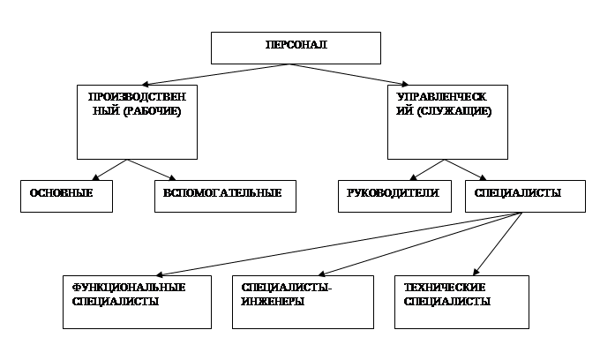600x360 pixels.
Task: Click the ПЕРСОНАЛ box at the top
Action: [296, 49]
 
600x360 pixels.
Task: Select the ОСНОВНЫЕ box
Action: [66, 196]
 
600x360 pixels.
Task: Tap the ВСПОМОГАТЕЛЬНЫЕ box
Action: [225, 196]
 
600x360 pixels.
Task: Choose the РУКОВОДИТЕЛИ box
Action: [394, 196]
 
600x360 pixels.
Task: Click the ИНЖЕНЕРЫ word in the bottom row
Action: [273, 302]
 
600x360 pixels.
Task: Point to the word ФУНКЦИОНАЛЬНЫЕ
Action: [129, 288]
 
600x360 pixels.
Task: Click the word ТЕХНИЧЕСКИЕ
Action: [445, 288]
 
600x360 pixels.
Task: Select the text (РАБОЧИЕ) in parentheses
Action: [153, 111]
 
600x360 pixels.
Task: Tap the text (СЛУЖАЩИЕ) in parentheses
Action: [454, 111]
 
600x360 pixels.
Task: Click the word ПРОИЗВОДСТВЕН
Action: [137, 97]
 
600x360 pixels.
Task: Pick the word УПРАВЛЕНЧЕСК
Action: [441, 97]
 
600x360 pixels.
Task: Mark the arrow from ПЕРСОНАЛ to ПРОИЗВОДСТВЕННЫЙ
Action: [215, 74]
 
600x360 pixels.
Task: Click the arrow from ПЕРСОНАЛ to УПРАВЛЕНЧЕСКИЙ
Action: [349, 74]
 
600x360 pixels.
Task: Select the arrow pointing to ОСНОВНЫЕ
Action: [109, 170]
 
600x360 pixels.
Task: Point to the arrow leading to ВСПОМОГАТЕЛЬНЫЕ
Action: [152, 170]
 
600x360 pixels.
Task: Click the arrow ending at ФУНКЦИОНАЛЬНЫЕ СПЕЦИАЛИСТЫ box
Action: [339, 244]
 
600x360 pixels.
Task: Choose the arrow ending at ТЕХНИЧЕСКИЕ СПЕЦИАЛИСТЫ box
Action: [498, 244]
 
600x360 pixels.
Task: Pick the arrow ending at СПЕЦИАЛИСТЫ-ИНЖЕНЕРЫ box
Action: [420, 244]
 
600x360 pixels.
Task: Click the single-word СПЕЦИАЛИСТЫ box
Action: [525, 196]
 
